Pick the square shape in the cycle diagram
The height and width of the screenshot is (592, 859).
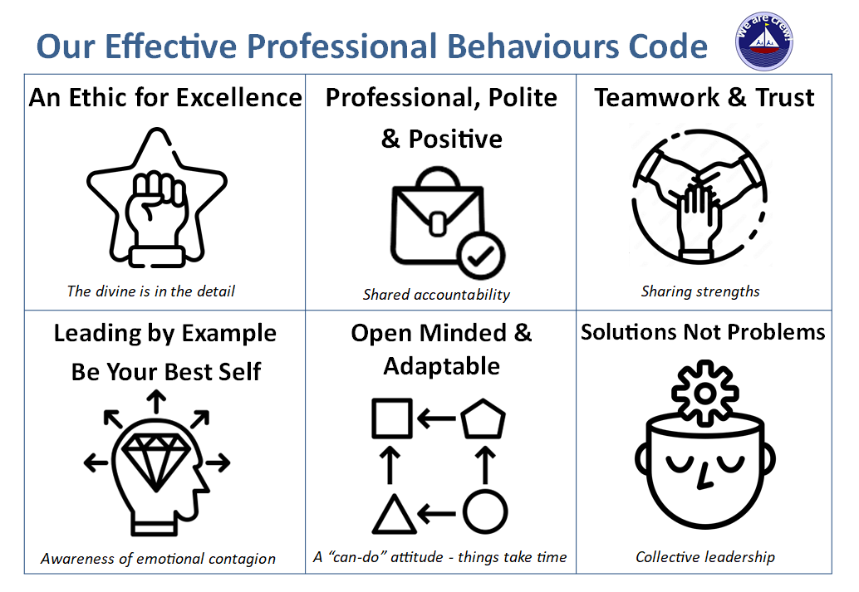(392, 418)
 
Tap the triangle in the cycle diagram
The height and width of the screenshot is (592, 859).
(394, 512)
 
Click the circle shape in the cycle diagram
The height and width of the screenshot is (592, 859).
(484, 512)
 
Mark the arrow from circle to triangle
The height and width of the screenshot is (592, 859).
(438, 513)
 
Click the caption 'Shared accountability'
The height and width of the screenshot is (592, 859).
(436, 294)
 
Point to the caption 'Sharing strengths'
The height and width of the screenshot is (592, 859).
(700, 291)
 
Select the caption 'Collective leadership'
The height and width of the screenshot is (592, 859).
(704, 556)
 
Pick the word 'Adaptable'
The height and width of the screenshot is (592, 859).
(441, 366)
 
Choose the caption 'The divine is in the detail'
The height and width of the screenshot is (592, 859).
(150, 291)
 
